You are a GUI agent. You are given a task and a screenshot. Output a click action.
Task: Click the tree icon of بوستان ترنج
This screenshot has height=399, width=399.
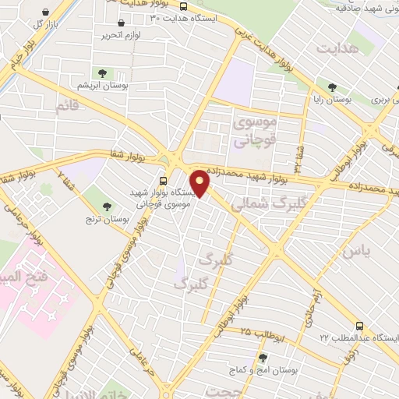pyautogui.click(x=107, y=207)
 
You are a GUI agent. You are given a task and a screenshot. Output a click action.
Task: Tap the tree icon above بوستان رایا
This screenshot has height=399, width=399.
pyautogui.click(x=333, y=87)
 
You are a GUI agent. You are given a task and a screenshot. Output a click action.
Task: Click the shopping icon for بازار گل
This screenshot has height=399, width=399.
pyautogui.click(x=49, y=13)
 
